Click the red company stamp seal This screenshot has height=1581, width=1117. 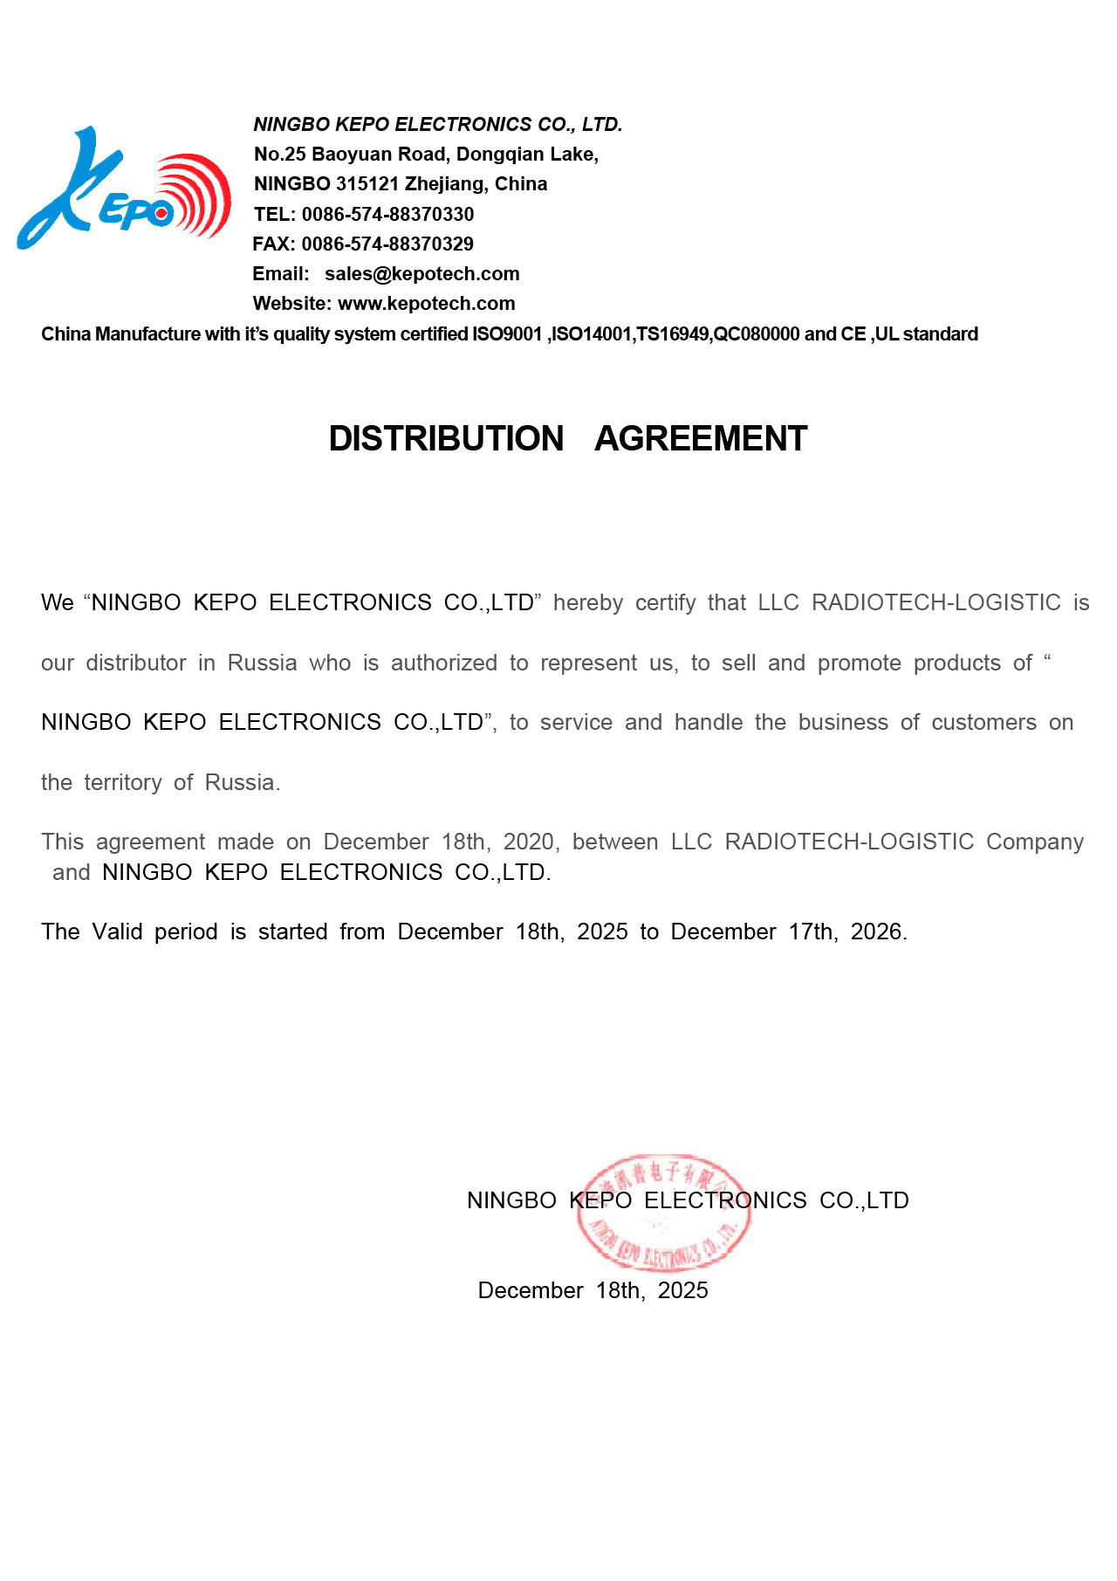tap(663, 1213)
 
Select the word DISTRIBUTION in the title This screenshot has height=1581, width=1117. tap(446, 438)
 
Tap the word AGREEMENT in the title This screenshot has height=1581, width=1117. tap(701, 438)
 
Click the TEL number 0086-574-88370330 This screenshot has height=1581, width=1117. tap(387, 214)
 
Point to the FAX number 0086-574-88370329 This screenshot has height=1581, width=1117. tap(387, 244)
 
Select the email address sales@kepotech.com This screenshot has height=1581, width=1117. tap(421, 273)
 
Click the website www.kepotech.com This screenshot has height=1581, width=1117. tap(426, 303)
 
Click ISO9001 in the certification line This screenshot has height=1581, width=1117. tap(507, 334)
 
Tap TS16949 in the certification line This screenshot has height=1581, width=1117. tap(674, 334)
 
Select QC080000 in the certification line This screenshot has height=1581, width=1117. tap(757, 334)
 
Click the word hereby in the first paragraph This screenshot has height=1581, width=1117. tap(587, 603)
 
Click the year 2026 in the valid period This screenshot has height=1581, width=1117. tap(876, 931)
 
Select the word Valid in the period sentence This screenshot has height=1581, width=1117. tap(117, 931)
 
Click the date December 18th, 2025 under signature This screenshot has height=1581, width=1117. tap(593, 1290)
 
